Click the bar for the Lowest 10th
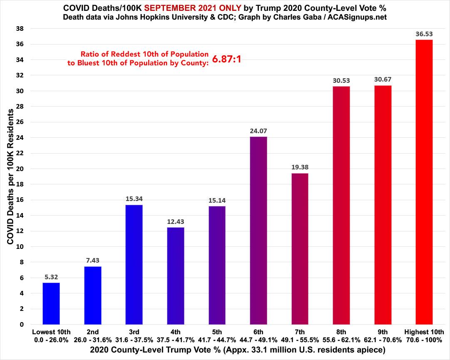click(x=51, y=303)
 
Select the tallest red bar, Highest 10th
click(x=424, y=182)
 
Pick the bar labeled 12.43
click(x=176, y=276)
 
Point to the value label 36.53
click(x=424, y=34)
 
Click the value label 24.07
click(x=259, y=131)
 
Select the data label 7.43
click(x=92, y=261)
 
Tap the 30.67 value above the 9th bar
click(x=383, y=79)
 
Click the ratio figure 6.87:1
click(x=227, y=60)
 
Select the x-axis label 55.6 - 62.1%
click(x=341, y=340)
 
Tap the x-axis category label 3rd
click(x=134, y=332)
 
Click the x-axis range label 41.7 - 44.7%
click(x=217, y=340)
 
